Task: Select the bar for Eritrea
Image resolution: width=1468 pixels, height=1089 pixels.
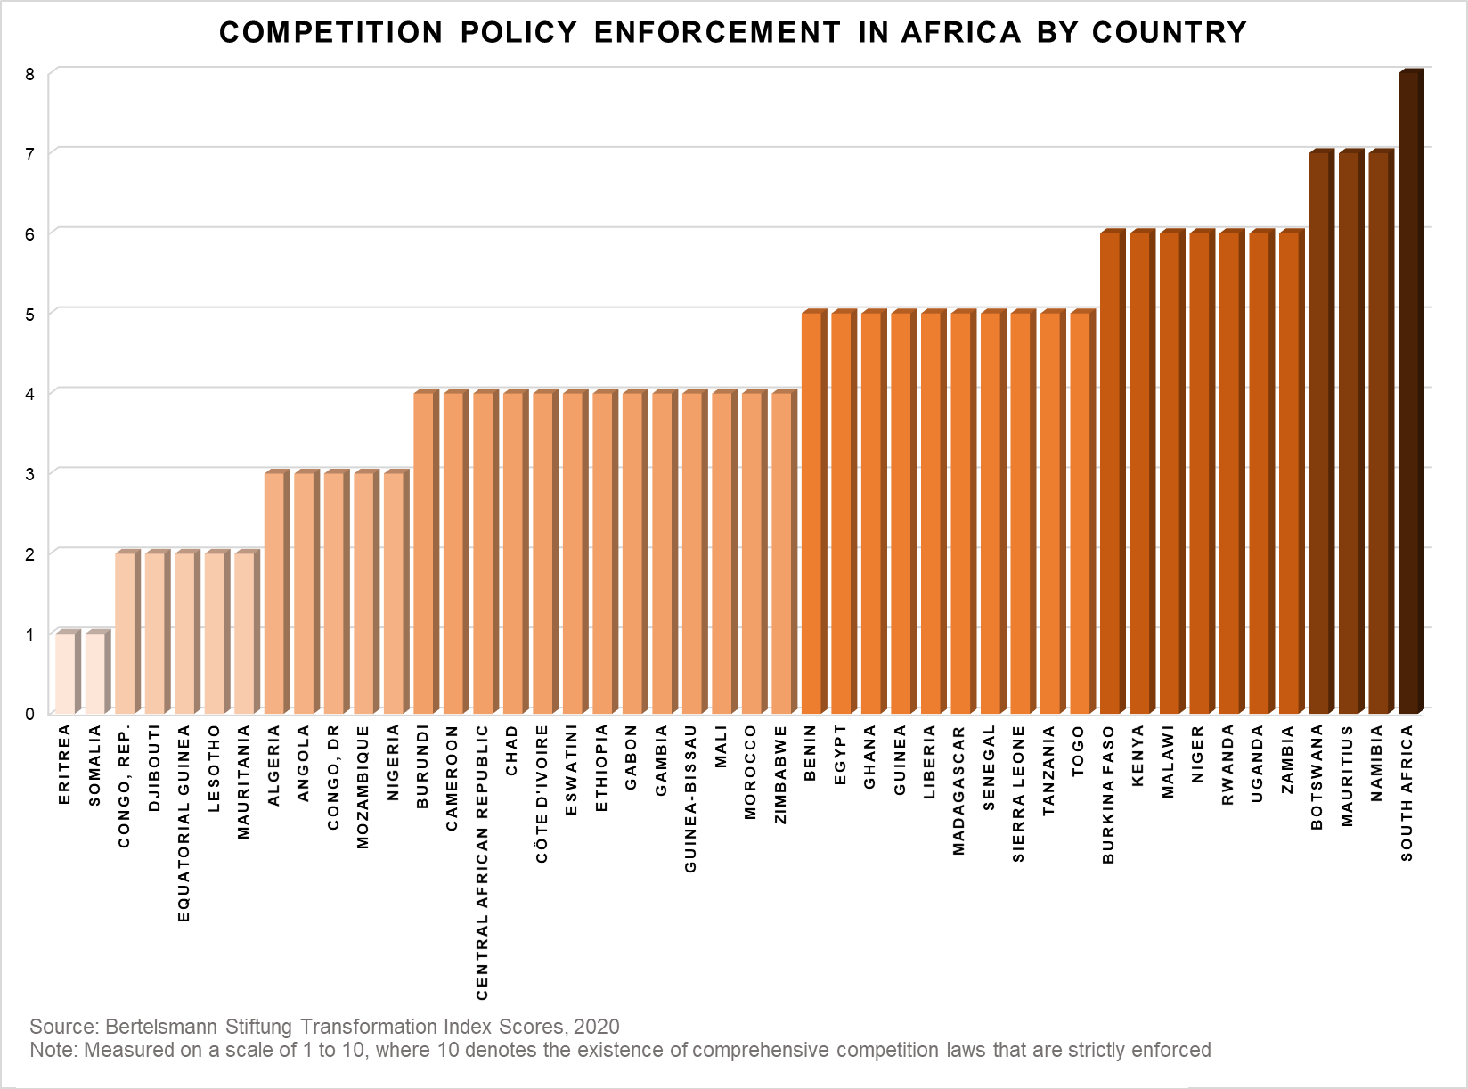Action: point(65,673)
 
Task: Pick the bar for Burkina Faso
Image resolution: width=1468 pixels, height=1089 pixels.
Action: point(1110,472)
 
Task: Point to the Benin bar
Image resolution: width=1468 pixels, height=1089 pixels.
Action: point(811,512)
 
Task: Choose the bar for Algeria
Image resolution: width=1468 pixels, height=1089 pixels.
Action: point(274,593)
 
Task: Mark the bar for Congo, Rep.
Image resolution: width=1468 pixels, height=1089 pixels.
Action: point(125,633)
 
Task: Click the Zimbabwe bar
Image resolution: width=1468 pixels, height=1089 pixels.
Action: point(781,553)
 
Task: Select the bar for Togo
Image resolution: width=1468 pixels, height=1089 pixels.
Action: point(1081,512)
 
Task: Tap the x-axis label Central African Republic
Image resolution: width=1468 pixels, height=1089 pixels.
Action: point(482,862)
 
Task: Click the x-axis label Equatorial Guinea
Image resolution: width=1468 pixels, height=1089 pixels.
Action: point(183,823)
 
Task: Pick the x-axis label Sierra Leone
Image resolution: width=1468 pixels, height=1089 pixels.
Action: point(1020,794)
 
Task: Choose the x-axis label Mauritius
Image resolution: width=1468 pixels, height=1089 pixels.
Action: point(1348,776)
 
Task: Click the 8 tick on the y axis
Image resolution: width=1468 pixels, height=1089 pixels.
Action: point(29,74)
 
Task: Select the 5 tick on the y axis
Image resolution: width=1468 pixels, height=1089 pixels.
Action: point(29,314)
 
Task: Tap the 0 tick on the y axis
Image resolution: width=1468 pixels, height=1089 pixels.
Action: point(29,714)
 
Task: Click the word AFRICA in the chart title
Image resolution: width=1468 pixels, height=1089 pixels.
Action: point(961,32)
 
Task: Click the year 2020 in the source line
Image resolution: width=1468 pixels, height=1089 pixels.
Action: point(596,1027)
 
